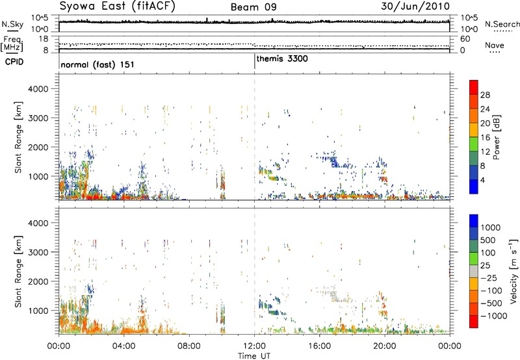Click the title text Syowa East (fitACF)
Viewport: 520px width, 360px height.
117,6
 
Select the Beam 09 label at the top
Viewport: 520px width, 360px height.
253,7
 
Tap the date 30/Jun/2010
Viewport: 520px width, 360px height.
415,6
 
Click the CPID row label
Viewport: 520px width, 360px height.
14,62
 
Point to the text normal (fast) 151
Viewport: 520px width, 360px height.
97,64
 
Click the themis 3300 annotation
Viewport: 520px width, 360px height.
282,58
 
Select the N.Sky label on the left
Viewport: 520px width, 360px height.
12,24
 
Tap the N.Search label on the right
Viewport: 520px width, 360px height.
502,24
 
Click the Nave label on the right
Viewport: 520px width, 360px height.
495,45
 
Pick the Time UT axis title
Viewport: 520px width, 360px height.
254,356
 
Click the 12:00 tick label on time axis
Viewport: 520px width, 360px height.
254,346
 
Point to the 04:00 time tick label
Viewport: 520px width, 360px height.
124,346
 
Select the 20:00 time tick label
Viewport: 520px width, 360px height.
385,346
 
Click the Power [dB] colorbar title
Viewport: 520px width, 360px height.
496,137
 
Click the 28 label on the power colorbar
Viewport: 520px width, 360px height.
485,95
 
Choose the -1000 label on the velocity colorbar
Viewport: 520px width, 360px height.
494,316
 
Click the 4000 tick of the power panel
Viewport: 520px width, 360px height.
38,89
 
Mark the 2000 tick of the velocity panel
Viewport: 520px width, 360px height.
38,281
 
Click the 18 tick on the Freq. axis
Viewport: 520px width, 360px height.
44,39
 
